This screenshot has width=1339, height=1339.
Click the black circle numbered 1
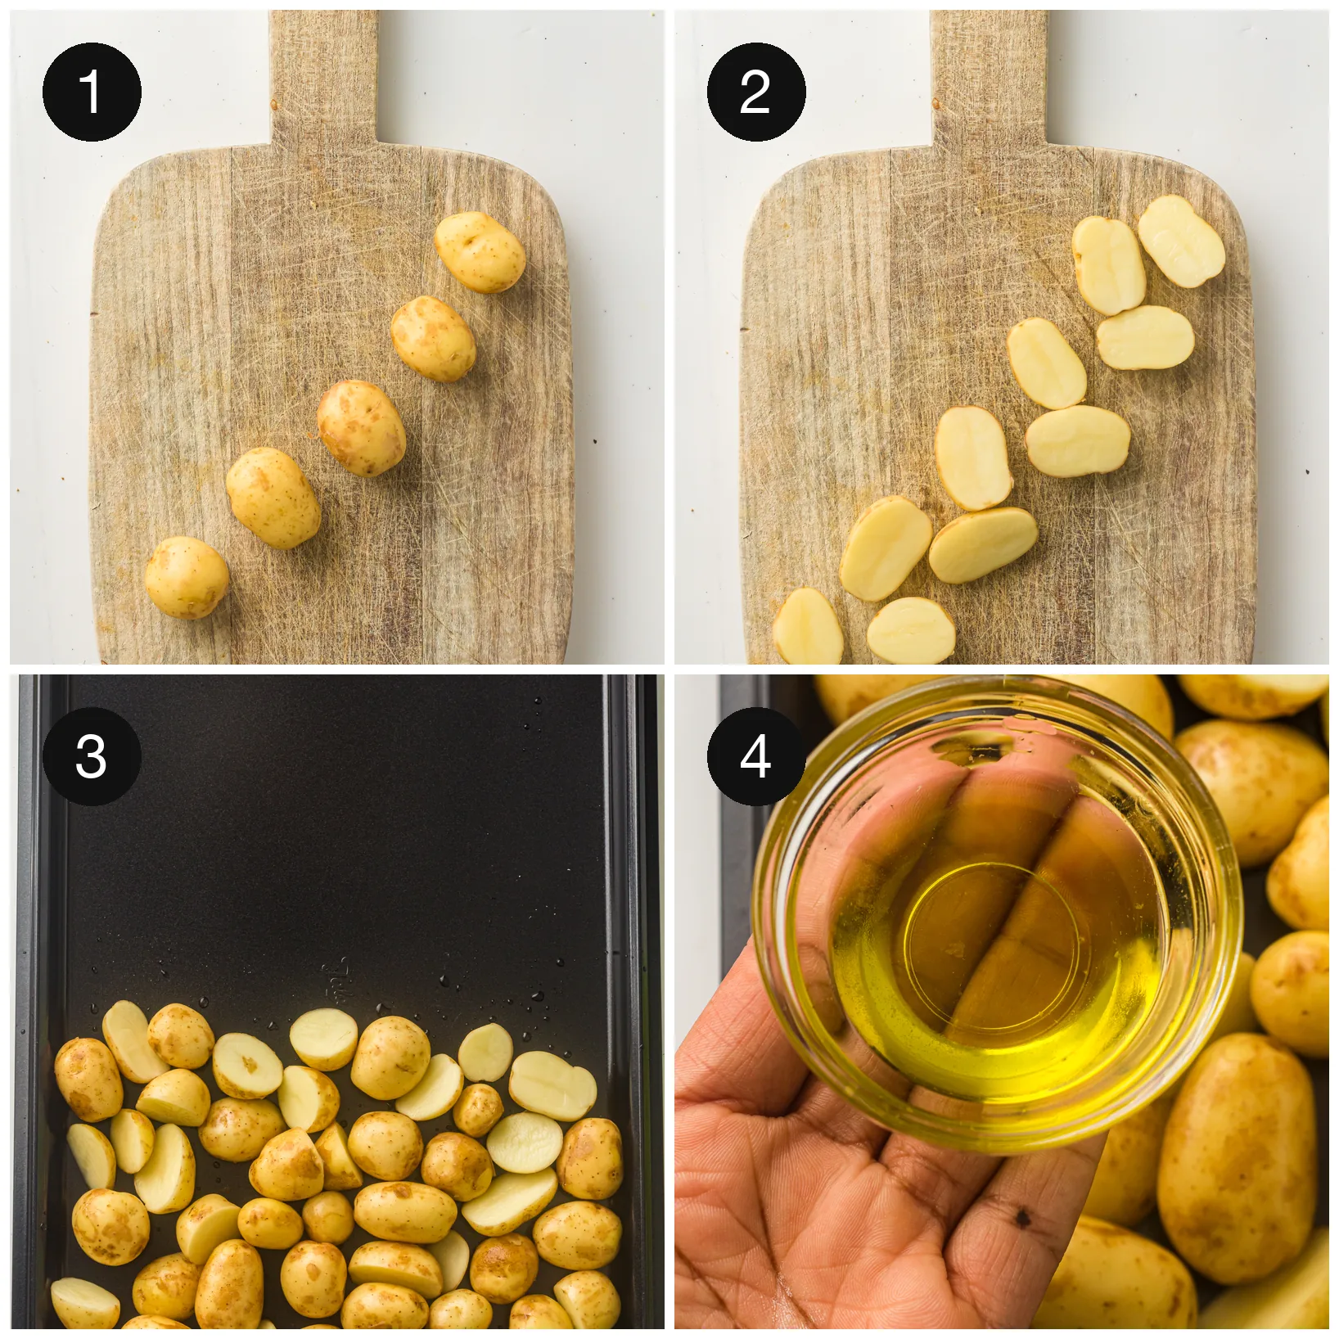[x=92, y=92]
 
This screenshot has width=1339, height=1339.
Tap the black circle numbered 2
[x=756, y=92]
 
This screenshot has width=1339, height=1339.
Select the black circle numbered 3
[x=92, y=756]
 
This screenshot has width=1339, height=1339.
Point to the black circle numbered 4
[x=756, y=756]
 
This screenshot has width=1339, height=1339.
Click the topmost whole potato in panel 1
[x=480, y=252]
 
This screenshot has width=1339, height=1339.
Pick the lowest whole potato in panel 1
[x=187, y=577]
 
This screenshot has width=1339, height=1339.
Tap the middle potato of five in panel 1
[x=361, y=427]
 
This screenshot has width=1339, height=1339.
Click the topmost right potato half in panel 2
[x=1181, y=241]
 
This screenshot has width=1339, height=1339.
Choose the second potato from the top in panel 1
[x=433, y=338]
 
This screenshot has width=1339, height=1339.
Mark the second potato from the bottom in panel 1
[x=273, y=498]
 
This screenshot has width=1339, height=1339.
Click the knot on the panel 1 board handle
[x=275, y=104]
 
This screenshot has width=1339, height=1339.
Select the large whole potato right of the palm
[x=1236, y=1158]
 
